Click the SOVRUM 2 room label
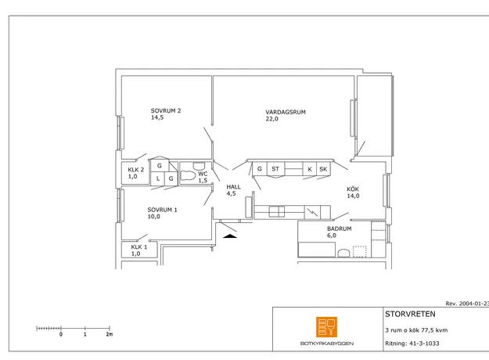166,111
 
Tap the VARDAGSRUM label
286,112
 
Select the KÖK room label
353,189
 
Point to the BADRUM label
340,229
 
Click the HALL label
233,187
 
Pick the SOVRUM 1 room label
162,210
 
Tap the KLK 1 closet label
138,247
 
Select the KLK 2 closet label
135,170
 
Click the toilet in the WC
188,175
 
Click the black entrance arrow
230,236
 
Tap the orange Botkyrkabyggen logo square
326,327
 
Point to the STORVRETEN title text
410,314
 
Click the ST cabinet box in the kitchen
275,169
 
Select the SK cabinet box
323,169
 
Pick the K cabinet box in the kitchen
310,169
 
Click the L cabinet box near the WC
158,178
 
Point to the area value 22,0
271,119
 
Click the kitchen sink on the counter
277,211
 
